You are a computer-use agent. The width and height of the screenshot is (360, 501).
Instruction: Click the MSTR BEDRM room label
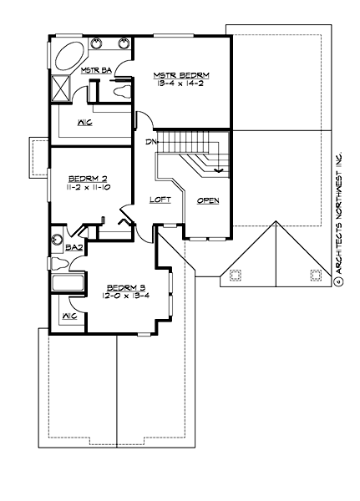(x=181, y=74)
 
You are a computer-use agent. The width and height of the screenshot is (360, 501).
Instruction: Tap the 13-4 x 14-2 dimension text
(x=181, y=83)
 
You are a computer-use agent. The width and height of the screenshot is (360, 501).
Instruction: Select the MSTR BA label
(x=96, y=70)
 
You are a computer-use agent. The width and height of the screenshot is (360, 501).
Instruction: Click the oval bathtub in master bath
(x=64, y=58)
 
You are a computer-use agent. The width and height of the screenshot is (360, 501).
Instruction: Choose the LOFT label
(x=160, y=200)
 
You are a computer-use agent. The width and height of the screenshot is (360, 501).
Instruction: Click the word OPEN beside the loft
(x=208, y=201)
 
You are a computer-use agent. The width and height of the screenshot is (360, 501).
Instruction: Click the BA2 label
(x=73, y=248)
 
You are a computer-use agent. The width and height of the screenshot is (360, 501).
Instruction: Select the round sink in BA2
(x=58, y=236)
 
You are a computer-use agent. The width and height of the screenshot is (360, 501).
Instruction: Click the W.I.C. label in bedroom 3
(x=70, y=317)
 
